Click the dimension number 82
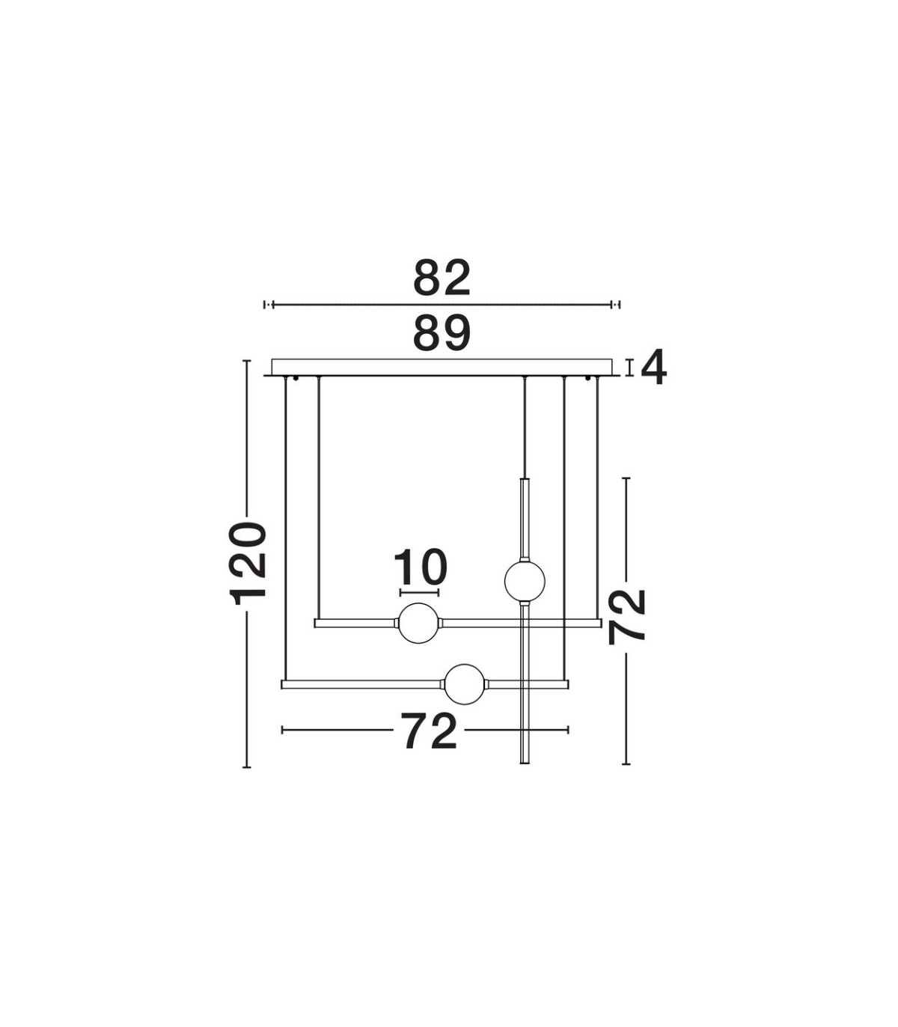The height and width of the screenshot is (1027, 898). tap(442, 278)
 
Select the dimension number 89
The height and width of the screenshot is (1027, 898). tap(442, 333)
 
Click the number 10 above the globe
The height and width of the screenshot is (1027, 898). tap(420, 567)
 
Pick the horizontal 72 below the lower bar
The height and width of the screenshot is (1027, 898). tap(430, 732)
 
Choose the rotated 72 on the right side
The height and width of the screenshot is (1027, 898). tap(626, 617)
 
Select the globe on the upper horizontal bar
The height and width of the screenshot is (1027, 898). tap(418, 624)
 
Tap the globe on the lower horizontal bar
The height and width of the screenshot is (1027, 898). tap(465, 684)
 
